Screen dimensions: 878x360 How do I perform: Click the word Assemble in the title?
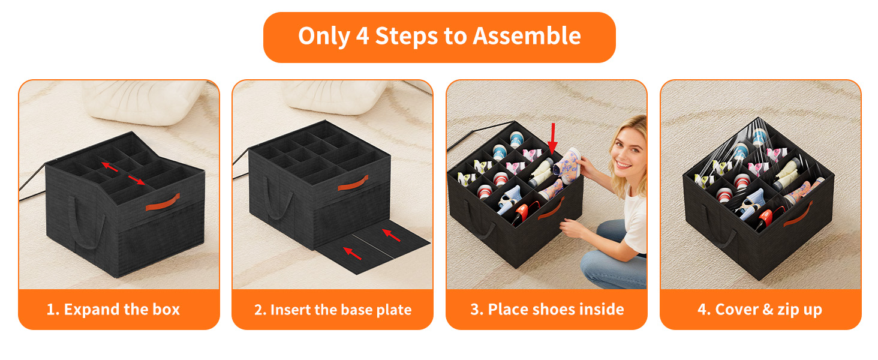527,36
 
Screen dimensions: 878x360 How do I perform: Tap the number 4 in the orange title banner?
363,36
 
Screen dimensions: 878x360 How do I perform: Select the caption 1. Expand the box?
113,310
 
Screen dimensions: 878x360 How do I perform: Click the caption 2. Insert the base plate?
333,310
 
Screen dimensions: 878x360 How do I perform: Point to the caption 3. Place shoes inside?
547,310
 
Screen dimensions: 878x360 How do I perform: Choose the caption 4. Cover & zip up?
760,310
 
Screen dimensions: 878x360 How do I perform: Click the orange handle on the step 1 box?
163,202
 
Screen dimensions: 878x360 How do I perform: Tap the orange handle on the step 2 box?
353,183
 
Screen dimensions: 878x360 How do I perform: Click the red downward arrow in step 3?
553,138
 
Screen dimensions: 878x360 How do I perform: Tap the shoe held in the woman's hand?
567,165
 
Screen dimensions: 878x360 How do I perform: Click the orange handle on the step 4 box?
798,214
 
